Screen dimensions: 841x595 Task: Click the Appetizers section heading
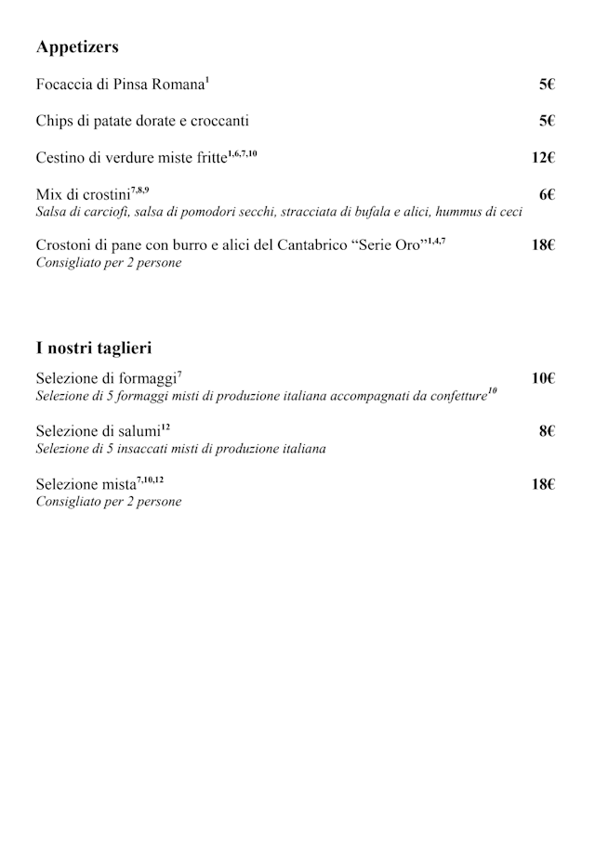point(77,47)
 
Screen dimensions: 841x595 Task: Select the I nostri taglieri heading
point(94,348)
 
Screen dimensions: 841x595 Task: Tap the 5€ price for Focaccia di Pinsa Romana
point(547,85)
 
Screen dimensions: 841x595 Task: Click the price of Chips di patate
point(547,121)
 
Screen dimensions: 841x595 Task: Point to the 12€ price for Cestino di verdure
point(543,158)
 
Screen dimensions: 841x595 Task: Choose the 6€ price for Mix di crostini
point(547,194)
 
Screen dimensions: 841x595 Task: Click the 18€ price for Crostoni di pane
point(543,245)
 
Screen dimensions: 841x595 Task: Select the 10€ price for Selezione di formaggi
point(543,378)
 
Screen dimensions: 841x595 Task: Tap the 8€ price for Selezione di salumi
point(547,431)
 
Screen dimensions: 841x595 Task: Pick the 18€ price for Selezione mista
point(543,484)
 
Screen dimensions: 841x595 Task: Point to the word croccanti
point(216,121)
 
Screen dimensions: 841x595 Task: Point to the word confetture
point(452,397)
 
